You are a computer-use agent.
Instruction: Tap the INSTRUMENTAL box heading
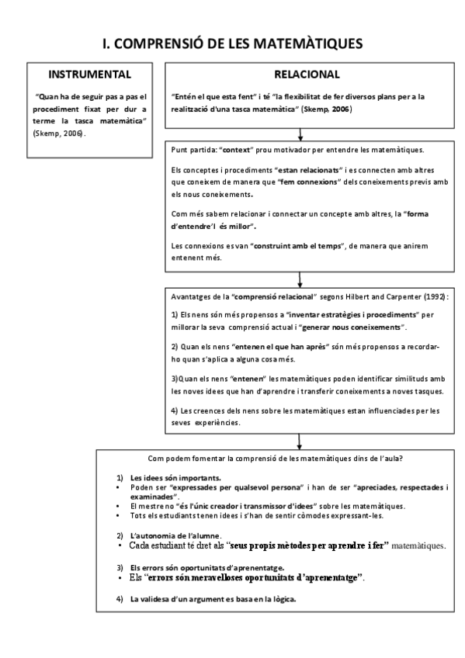click(89, 74)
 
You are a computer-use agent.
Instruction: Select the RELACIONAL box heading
click(307, 74)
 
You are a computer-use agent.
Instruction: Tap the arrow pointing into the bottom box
click(297, 440)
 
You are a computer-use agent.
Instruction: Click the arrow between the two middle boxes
click(297, 280)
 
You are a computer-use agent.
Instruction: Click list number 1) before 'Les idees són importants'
click(120, 477)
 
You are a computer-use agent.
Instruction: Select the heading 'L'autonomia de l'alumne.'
click(176, 536)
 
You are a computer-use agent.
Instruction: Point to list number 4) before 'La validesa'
click(120, 599)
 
